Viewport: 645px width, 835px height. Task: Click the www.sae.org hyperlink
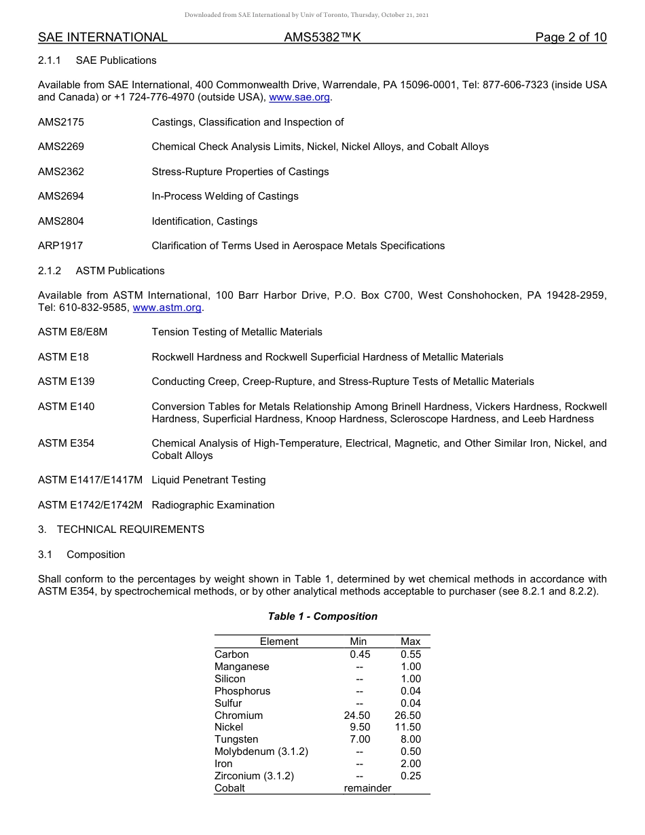pos(299,98)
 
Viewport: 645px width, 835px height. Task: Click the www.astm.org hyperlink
pos(167,308)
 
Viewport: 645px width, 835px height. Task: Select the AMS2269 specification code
pos(61,147)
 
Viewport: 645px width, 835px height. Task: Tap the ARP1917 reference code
pos(60,246)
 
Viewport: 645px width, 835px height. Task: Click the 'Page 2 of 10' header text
pos(570,37)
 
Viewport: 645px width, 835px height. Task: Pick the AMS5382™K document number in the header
pos(322,37)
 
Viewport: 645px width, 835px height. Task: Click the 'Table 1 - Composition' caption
pos(322,616)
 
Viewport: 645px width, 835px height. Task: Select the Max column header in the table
pos(411,642)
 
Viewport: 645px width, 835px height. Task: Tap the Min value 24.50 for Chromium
pos(357,716)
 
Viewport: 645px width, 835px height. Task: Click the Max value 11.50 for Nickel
pos(408,728)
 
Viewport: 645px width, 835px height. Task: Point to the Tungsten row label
pos(236,740)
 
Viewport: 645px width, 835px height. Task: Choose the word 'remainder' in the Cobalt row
pos(367,789)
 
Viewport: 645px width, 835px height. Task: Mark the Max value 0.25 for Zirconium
pos(411,777)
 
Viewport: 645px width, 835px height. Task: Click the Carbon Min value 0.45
pos(360,654)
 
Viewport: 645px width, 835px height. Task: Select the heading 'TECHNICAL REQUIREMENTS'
pos(130,530)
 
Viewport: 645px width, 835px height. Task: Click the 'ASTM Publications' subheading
pos(120,271)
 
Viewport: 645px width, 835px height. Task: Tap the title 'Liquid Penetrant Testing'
pos(208,480)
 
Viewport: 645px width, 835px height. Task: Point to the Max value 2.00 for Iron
pos(411,764)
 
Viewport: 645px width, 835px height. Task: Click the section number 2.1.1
pos(50,60)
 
